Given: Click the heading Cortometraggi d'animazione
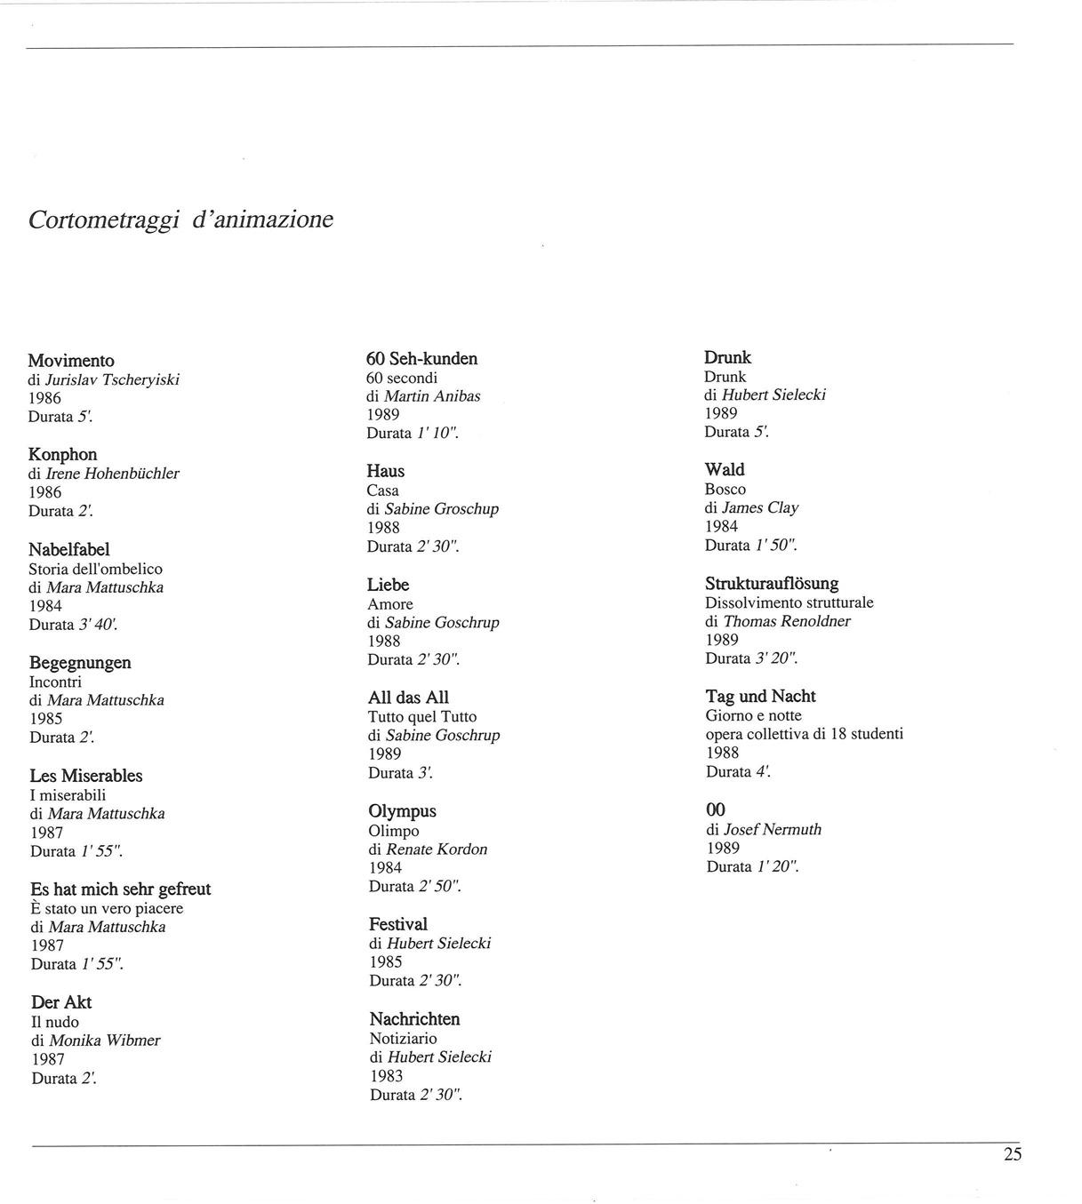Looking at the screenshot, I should [x=180, y=219].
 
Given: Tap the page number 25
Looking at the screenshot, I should [x=1013, y=1154].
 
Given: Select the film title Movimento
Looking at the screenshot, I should [x=71, y=361].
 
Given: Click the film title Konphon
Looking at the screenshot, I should [x=62, y=455].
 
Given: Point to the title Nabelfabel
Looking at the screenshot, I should [x=68, y=550].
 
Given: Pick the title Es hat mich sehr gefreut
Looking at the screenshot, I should [x=120, y=889].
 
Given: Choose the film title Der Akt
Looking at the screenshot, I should [x=61, y=1002].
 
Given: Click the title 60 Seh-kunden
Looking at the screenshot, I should [x=421, y=359].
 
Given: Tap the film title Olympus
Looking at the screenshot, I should [x=402, y=811].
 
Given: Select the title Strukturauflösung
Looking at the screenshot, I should [x=772, y=584].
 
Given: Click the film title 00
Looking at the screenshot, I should [x=715, y=809].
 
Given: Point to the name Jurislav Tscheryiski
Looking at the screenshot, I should [x=113, y=379].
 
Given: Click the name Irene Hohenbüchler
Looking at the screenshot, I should [x=113, y=474].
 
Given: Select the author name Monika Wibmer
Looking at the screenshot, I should [x=105, y=1041].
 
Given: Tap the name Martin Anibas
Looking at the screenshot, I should [x=432, y=396].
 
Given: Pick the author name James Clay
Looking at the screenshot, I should [x=760, y=508].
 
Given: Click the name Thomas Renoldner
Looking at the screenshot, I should [x=787, y=621].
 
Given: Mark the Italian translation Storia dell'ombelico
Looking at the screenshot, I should [x=95, y=569].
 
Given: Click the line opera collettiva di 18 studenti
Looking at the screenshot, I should [x=805, y=734].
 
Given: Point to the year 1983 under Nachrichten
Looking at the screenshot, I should [x=387, y=1076].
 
